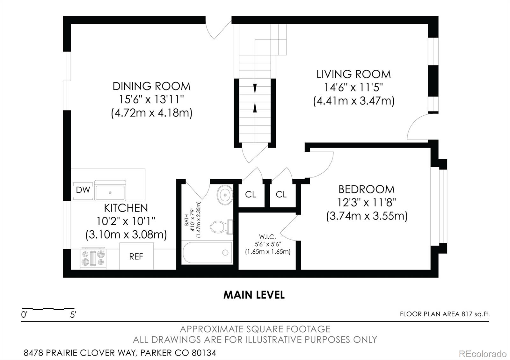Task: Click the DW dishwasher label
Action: tap(83, 190)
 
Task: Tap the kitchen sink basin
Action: tap(110, 192)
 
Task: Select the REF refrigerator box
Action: tap(136, 256)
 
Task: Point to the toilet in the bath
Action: tap(220, 227)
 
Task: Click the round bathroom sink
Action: tap(225, 194)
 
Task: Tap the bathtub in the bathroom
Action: tap(207, 253)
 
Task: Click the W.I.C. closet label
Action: tap(267, 237)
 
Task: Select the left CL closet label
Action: tap(251, 194)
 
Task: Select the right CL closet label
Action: tap(281, 194)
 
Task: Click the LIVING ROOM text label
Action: tap(353, 74)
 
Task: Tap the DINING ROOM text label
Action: tap(151, 86)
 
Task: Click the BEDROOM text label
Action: tap(366, 189)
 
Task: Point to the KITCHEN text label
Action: tap(126, 208)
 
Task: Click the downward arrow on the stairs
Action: tap(255, 88)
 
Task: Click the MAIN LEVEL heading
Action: tap(254, 295)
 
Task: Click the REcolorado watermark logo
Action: tap(482, 354)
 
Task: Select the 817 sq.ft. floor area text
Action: tap(475, 314)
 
